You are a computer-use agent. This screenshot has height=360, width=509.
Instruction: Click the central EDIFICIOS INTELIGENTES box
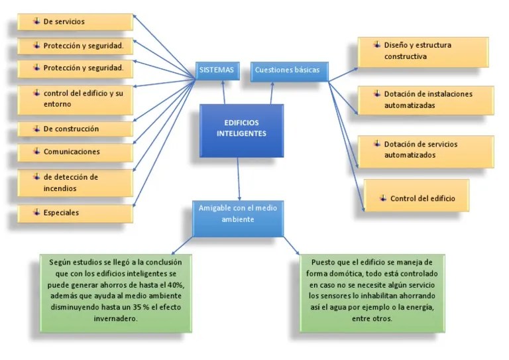(241, 129)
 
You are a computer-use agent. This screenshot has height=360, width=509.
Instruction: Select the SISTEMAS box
(216, 70)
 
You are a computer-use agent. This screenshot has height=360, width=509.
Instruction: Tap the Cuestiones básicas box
(289, 70)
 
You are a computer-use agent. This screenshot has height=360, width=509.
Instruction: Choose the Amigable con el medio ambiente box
(238, 214)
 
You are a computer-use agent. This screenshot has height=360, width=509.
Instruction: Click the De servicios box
(74, 22)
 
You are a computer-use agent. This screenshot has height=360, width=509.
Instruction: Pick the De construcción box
(74, 129)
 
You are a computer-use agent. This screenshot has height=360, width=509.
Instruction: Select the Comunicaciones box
(74, 152)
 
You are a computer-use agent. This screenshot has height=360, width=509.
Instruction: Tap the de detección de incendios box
(74, 183)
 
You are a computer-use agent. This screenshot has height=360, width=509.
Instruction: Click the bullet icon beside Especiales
(36, 212)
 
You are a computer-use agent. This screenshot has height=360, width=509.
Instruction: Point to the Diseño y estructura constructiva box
(423, 52)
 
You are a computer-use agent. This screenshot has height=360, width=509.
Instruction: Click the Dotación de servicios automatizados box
(425, 150)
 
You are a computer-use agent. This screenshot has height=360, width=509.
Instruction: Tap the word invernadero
(117, 318)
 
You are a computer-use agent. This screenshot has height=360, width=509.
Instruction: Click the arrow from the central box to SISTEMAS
(223, 93)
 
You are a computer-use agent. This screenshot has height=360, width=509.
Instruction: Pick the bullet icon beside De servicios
(36, 21)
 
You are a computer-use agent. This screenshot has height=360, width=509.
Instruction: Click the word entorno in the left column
(58, 104)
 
